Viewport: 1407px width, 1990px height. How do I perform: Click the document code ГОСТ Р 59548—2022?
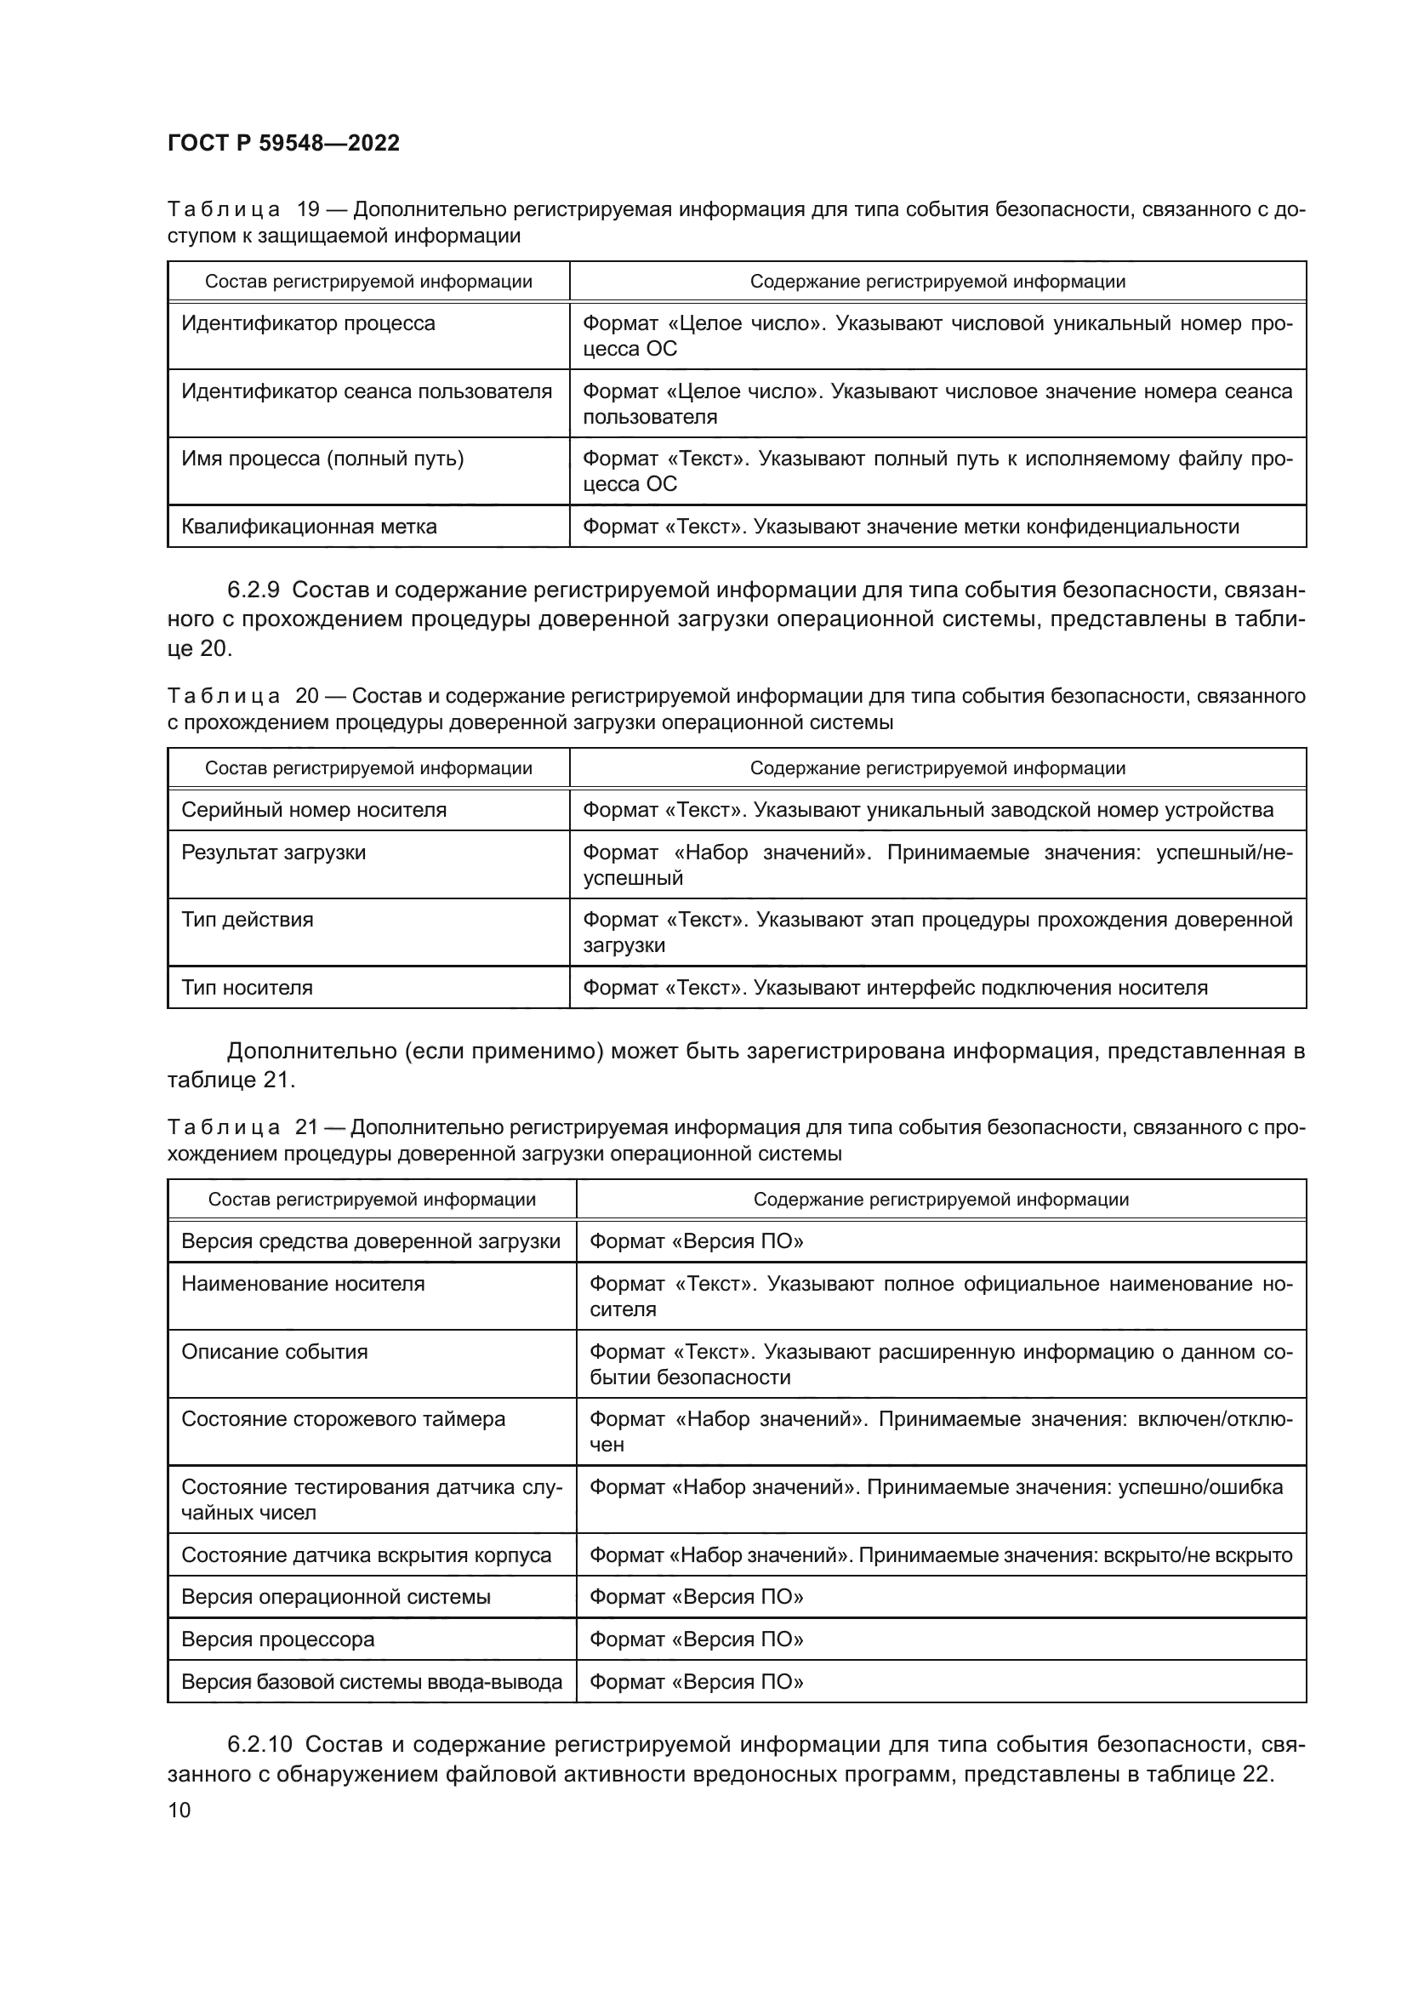283,143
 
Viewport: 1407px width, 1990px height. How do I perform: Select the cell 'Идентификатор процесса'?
309,323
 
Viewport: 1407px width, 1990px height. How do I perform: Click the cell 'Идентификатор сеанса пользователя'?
367,391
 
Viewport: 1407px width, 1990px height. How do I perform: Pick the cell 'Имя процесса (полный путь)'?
322,459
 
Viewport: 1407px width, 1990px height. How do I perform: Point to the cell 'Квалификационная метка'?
310,526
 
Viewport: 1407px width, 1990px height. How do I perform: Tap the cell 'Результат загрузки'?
274,852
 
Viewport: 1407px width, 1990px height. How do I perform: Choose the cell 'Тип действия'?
247,920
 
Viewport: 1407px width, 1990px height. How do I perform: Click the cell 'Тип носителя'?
247,987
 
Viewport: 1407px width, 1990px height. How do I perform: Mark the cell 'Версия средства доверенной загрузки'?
371,1241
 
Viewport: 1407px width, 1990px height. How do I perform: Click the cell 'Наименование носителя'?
303,1284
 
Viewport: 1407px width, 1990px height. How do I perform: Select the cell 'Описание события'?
275,1351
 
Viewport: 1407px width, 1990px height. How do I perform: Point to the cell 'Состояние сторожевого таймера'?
343,1419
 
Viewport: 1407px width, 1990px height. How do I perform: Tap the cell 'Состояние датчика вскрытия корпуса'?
367,1555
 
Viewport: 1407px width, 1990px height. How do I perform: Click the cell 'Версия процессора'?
278,1639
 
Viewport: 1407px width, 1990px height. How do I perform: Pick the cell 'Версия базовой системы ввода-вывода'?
372,1681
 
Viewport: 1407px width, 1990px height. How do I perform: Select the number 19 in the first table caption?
309,210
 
